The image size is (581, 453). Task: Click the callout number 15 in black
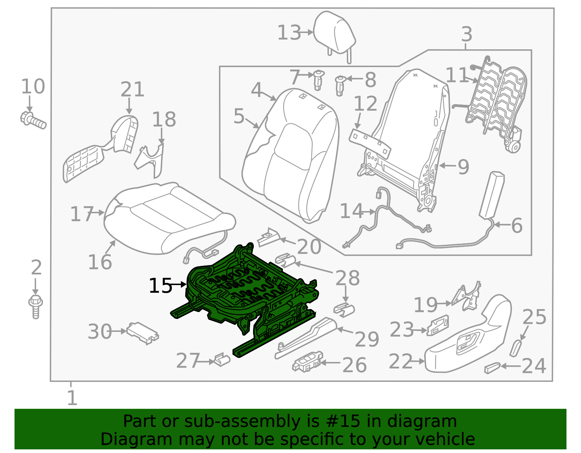(160, 286)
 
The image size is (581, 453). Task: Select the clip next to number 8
(340, 86)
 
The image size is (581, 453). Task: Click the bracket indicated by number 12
(370, 143)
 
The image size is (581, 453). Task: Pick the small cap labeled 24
(492, 368)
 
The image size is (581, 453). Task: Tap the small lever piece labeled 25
(515, 348)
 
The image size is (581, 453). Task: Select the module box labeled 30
(142, 331)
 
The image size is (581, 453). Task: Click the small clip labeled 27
(222, 359)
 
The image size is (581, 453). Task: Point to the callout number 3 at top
(467, 35)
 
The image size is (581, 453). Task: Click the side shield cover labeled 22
(468, 341)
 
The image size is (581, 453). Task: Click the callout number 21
(132, 89)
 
